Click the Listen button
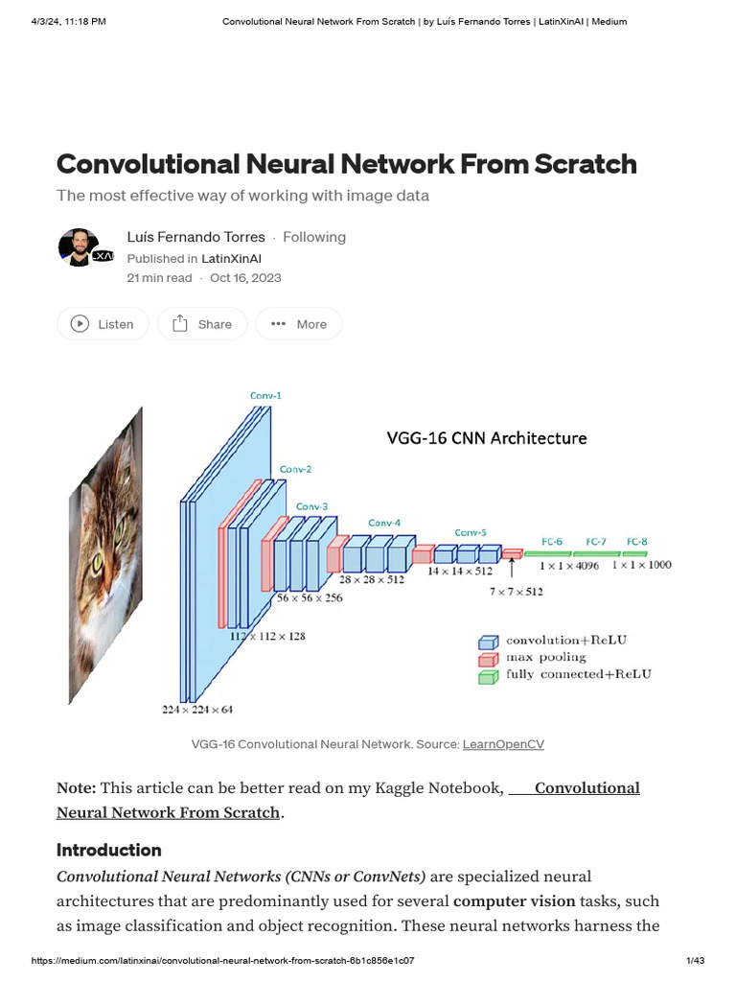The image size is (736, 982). click(x=103, y=324)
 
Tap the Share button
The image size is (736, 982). click(x=202, y=324)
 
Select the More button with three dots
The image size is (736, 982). click(x=299, y=324)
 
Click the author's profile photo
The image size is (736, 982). click(x=79, y=248)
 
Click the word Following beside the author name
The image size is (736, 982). click(x=314, y=237)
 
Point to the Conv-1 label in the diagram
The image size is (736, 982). click(x=265, y=395)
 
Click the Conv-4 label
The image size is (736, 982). click(x=384, y=523)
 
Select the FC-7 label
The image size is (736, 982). click(x=595, y=542)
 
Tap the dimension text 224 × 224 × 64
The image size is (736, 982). click(x=197, y=710)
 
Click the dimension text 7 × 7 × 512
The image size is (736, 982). click(x=516, y=592)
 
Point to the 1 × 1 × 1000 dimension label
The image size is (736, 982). click(x=641, y=566)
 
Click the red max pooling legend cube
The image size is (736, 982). click(x=489, y=659)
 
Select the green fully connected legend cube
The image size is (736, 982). click(x=489, y=676)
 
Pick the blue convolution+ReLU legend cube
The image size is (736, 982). click(x=489, y=642)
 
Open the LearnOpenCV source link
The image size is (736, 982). click(x=503, y=744)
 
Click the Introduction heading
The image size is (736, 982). click(x=109, y=850)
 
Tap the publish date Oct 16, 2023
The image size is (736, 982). click(x=245, y=278)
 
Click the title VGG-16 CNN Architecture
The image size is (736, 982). click(x=487, y=438)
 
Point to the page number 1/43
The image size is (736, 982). click(x=695, y=961)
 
